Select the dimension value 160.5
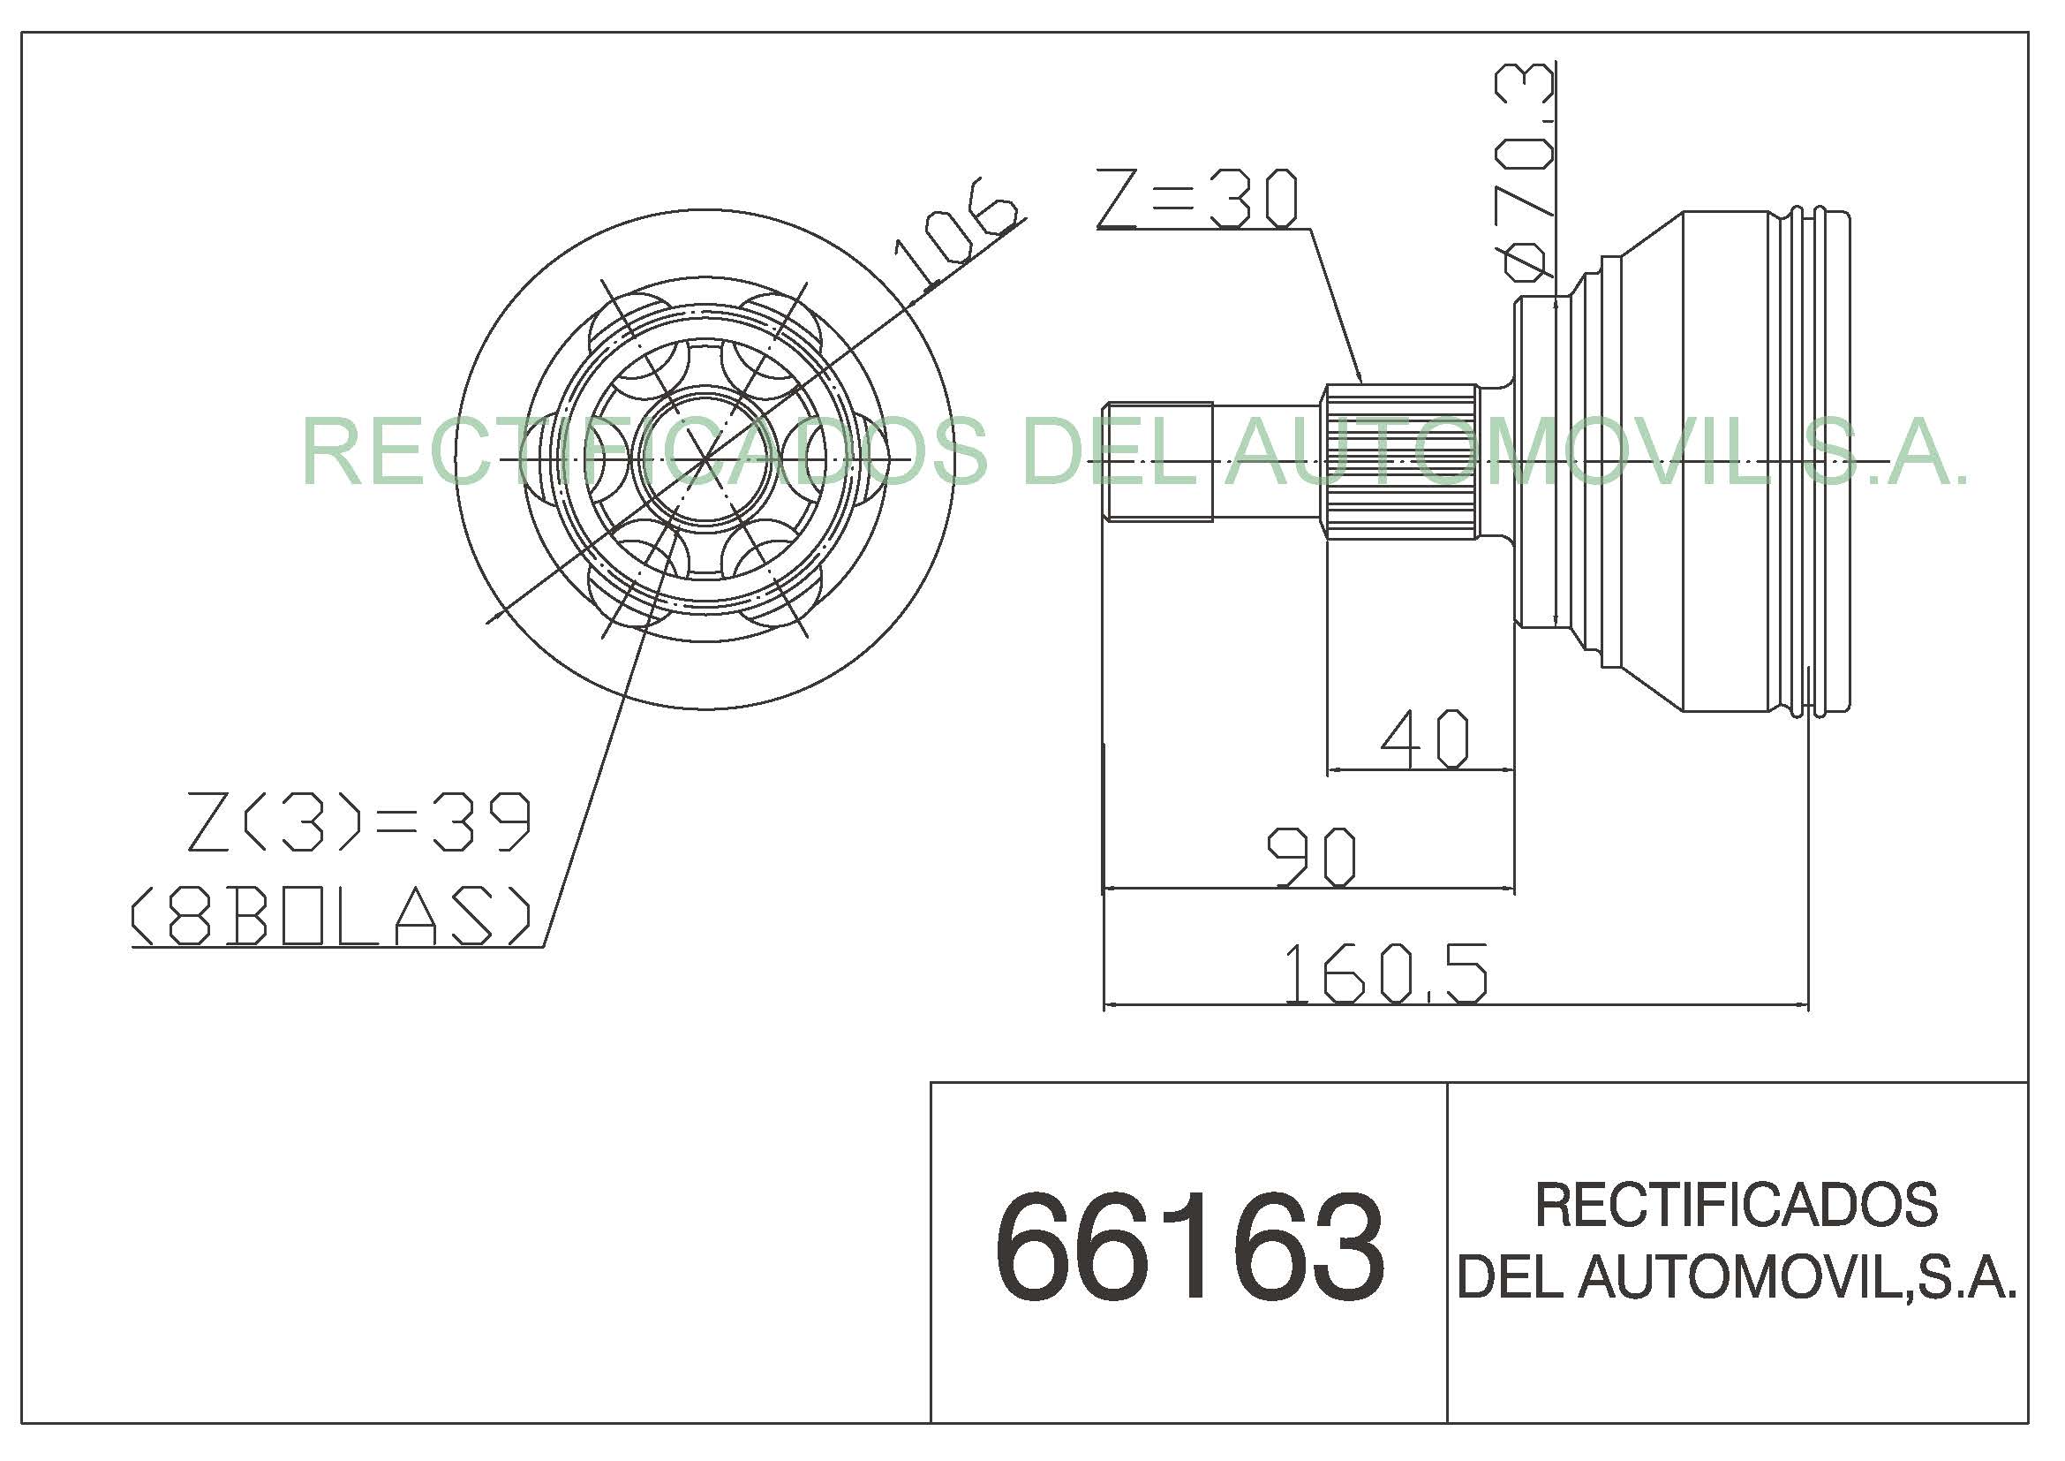(x=1386, y=974)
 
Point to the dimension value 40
(x=1425, y=739)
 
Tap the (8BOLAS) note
(x=331, y=916)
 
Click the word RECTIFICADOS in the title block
(x=1736, y=1206)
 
